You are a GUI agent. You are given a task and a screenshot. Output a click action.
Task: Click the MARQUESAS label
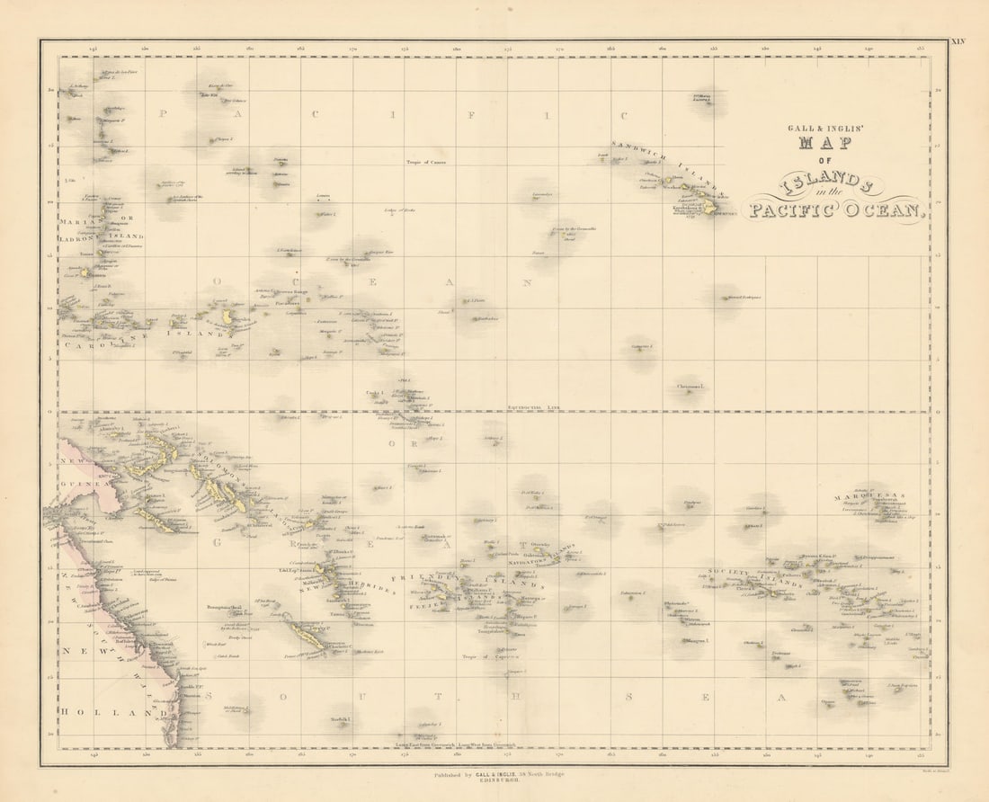(x=869, y=496)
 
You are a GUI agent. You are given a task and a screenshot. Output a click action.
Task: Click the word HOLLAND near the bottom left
(x=103, y=713)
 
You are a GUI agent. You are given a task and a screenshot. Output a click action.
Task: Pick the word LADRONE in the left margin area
(x=76, y=236)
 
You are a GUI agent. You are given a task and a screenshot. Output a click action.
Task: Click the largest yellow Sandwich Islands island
(x=708, y=207)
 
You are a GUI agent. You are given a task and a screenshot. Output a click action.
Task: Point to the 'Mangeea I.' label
(x=698, y=641)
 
